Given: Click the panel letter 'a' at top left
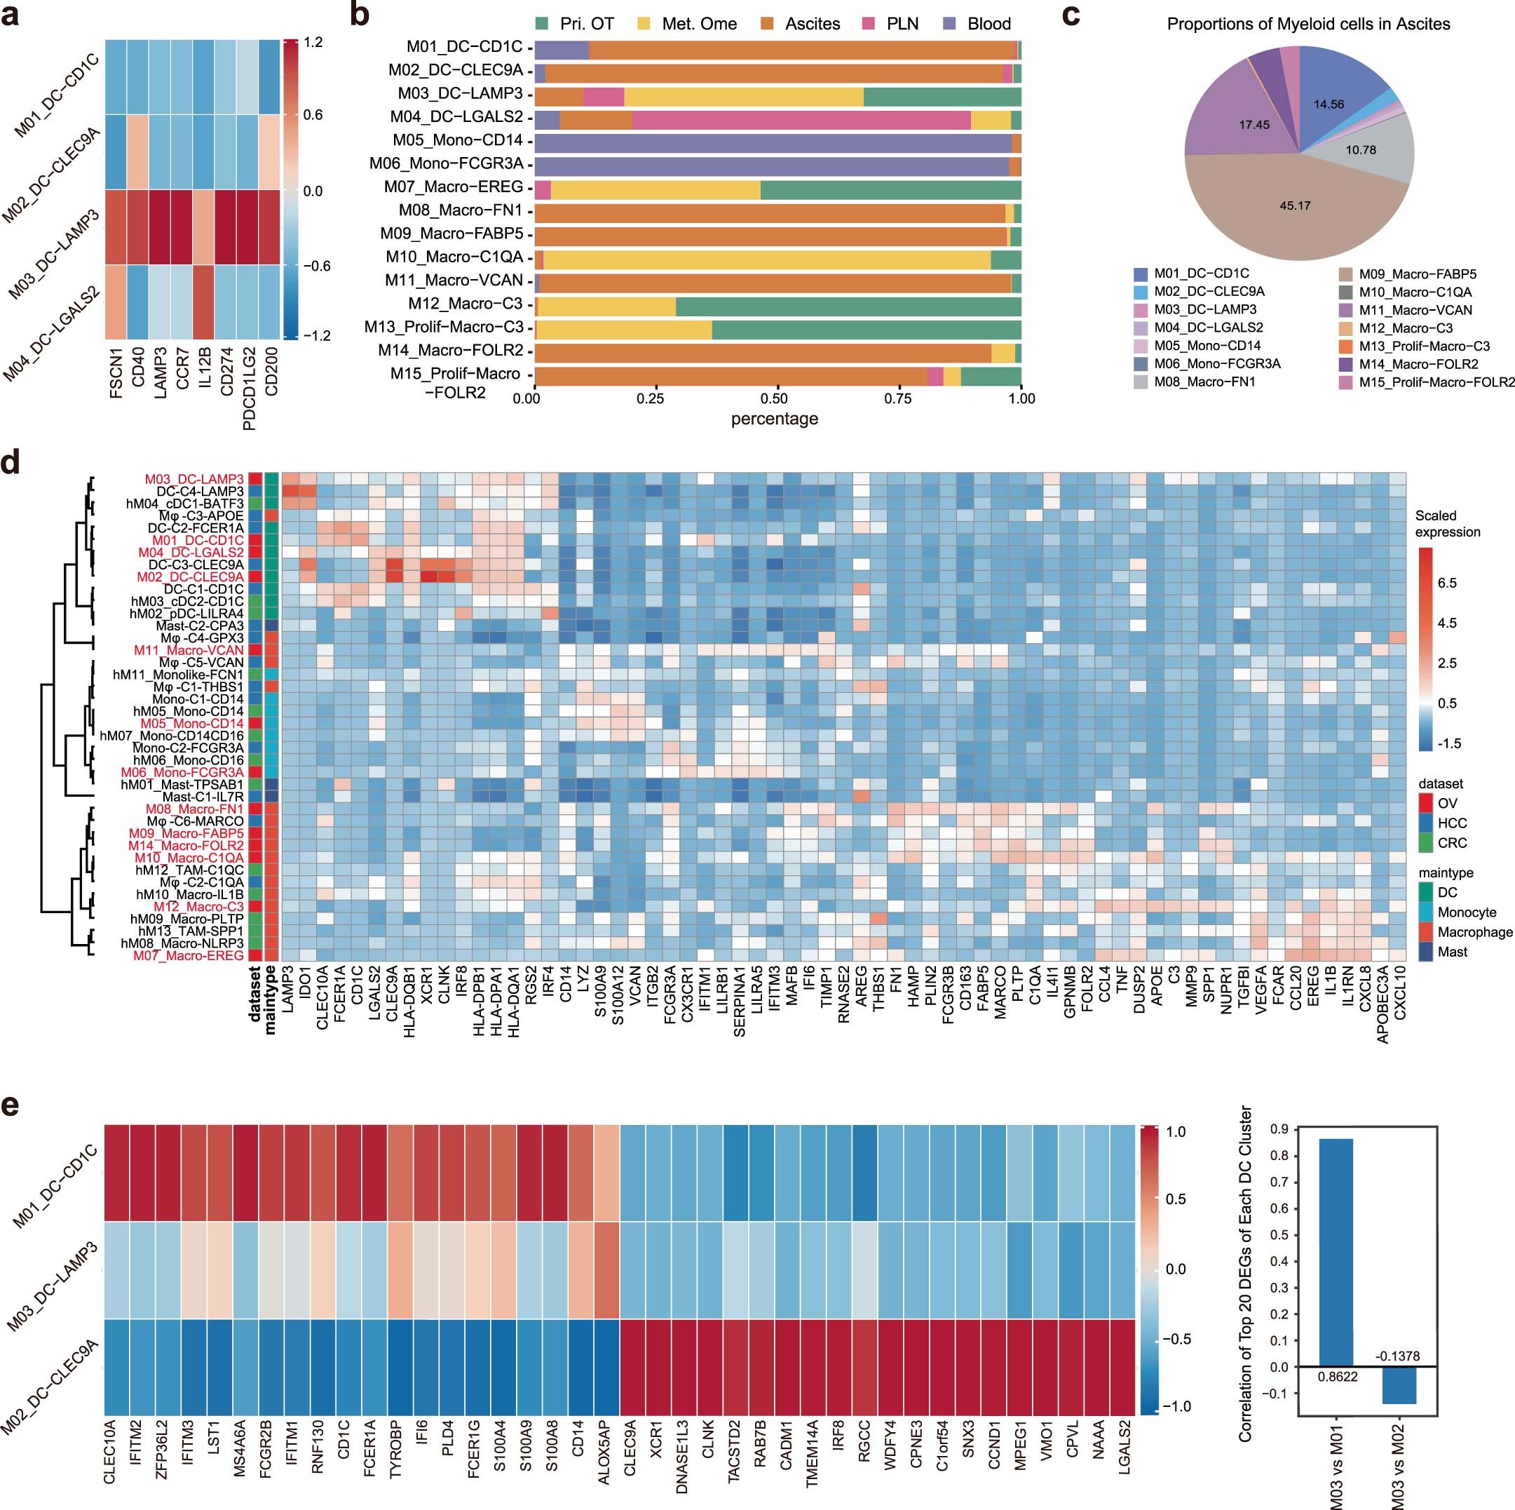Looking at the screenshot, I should [x=11, y=15].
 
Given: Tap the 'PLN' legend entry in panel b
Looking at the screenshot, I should [x=902, y=24].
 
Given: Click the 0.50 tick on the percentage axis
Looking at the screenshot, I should [x=775, y=398].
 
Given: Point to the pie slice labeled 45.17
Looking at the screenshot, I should [x=1295, y=205].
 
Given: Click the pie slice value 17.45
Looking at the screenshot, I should [x=1254, y=125].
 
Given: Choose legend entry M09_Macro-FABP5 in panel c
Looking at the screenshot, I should [x=1417, y=274].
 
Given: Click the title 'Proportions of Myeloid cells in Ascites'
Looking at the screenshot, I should [x=1308, y=24].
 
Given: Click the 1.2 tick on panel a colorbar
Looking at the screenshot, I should [x=313, y=42].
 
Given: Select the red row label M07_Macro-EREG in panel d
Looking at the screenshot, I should [x=188, y=955].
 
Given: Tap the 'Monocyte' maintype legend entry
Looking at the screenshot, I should [x=1467, y=912].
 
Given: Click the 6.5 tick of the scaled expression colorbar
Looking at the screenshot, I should [x=1447, y=583].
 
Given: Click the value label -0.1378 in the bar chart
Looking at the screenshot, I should [x=1397, y=1356].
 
